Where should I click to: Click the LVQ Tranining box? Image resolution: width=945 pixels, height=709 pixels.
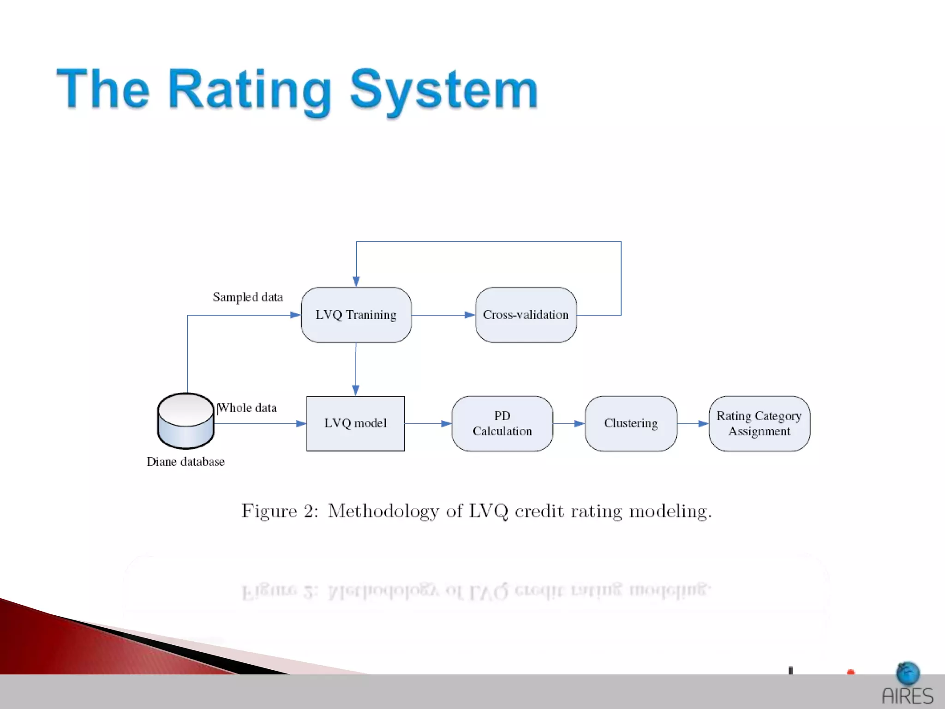click(x=356, y=315)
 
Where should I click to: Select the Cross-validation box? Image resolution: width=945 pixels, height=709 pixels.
click(x=526, y=315)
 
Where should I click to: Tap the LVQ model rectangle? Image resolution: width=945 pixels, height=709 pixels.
click(x=355, y=423)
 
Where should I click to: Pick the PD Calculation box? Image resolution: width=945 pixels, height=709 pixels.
click(x=502, y=423)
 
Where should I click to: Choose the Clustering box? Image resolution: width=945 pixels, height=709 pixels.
click(x=631, y=423)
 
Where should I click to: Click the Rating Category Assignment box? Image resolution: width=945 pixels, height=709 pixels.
click(x=759, y=423)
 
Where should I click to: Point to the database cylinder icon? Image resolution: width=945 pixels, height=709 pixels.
click(x=185, y=421)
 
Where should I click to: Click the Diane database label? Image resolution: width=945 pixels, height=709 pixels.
click(x=185, y=462)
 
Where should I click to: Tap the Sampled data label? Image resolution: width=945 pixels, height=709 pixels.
click(x=248, y=297)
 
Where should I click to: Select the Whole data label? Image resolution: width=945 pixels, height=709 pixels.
click(x=247, y=408)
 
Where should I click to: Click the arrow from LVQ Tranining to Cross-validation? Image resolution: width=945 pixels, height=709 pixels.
click(x=443, y=315)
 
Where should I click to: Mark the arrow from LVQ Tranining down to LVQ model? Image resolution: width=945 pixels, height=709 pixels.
click(x=356, y=369)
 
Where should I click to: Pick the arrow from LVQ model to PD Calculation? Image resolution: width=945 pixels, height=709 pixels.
click(x=428, y=423)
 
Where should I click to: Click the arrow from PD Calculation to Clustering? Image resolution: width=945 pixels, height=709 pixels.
click(x=569, y=423)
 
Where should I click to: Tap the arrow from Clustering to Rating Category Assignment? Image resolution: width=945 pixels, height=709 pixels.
click(x=693, y=423)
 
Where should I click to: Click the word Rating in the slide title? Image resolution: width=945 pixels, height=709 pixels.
click(x=249, y=90)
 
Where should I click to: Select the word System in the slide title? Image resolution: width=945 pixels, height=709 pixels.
click(x=444, y=90)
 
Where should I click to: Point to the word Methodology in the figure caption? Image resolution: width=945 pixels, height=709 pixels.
click(x=383, y=511)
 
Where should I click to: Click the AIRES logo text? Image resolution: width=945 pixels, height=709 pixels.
click(x=907, y=696)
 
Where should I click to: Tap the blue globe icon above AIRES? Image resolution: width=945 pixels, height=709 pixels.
click(x=908, y=673)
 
